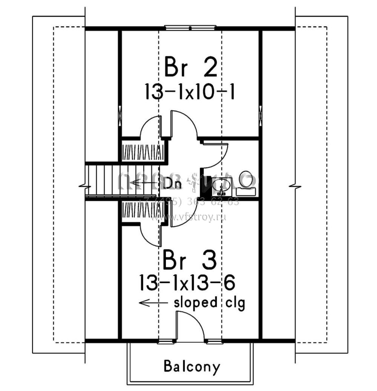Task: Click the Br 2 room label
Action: pyautogui.click(x=190, y=68)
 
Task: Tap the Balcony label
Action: pyautogui.click(x=192, y=366)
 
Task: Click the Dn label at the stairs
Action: pyautogui.click(x=173, y=184)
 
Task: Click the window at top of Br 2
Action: pyautogui.click(x=190, y=28)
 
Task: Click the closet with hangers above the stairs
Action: pyautogui.click(x=143, y=152)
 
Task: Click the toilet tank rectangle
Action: pyautogui.click(x=247, y=192)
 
